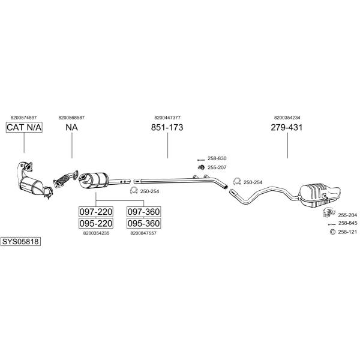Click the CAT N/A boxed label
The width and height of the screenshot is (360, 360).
(24, 127)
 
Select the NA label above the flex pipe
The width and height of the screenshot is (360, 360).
(71, 127)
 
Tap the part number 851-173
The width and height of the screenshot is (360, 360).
(167, 127)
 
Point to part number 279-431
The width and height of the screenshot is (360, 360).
(287, 127)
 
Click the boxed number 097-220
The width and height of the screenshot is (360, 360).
(96, 212)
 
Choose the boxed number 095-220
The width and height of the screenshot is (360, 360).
(96, 223)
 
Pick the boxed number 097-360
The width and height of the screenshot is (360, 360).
(144, 212)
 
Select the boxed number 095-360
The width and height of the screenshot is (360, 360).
(144, 223)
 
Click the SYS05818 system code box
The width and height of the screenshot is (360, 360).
(20, 242)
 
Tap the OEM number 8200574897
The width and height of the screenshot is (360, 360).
(23, 118)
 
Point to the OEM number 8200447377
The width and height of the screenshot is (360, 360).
(167, 118)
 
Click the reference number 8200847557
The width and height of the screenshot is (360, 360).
(143, 233)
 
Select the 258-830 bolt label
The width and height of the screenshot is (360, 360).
(217, 158)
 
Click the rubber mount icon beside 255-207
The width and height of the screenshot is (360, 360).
(202, 167)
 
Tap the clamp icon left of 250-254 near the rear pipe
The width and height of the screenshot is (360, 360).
(237, 181)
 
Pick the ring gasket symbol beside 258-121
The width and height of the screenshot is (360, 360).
(332, 232)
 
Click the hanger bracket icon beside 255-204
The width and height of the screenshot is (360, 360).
(329, 212)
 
